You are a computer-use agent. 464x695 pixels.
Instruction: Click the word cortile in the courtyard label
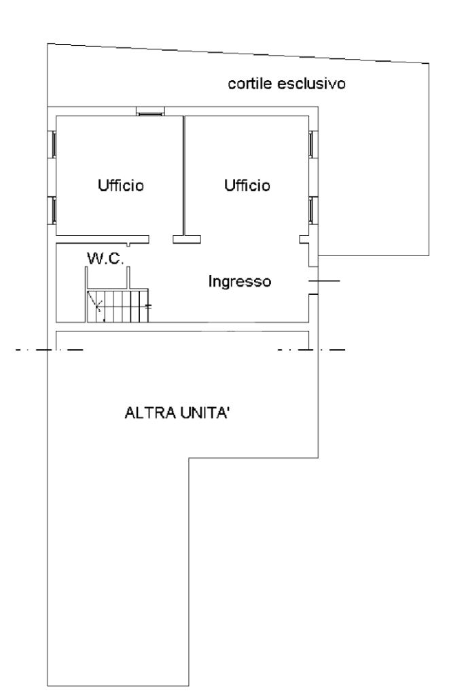[250, 84]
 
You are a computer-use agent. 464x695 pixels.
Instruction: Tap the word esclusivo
[311, 84]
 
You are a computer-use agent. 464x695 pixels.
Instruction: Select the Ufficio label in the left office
[121, 185]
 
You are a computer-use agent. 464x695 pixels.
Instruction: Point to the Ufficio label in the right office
[247, 185]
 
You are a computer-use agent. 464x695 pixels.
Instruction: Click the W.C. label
[105, 258]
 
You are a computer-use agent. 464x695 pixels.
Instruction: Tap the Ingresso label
[240, 281]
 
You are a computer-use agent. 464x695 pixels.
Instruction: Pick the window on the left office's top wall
[150, 111]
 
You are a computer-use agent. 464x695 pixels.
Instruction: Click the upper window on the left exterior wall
[52, 144]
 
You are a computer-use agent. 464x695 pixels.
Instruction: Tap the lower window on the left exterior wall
[52, 211]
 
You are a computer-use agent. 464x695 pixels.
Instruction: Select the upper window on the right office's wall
[313, 144]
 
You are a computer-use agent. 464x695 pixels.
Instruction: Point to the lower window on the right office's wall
[313, 211]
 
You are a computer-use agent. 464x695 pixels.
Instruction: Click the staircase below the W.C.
[118, 306]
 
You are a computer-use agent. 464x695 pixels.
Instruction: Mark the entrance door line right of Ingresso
[324, 281]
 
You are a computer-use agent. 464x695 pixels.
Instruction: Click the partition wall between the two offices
[184, 175]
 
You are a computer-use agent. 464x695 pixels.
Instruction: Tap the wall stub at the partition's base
[187, 239]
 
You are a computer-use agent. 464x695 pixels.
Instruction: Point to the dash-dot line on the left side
[49, 350]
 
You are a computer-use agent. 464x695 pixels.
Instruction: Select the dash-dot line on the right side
[311, 350]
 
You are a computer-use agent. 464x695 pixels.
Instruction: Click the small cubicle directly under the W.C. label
[107, 277]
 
